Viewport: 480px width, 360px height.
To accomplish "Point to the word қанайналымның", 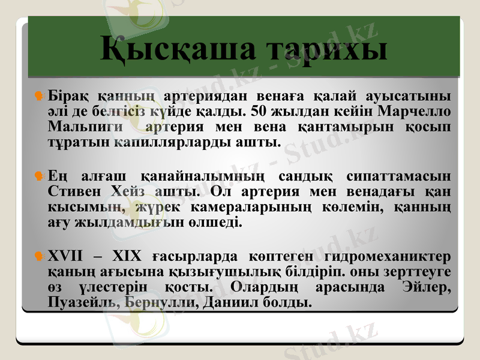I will [203, 176].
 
